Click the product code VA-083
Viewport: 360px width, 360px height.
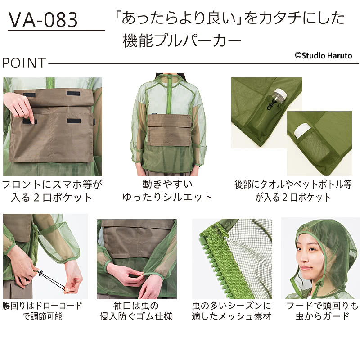click(43, 20)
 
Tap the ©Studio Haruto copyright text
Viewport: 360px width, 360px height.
click(323, 55)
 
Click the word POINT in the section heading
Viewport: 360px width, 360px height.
click(24, 63)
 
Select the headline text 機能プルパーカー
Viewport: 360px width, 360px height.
click(182, 40)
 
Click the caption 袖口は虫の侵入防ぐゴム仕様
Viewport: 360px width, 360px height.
click(136, 310)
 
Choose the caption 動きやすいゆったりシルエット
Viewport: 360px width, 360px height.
click(167, 190)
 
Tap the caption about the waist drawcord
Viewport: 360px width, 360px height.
click(42, 310)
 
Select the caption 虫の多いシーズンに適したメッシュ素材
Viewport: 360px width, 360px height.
click(232, 310)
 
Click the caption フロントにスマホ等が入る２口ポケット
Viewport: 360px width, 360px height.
click(52, 190)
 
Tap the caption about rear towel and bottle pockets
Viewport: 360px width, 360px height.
click(293, 190)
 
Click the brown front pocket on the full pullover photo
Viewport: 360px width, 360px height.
click(170, 130)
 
